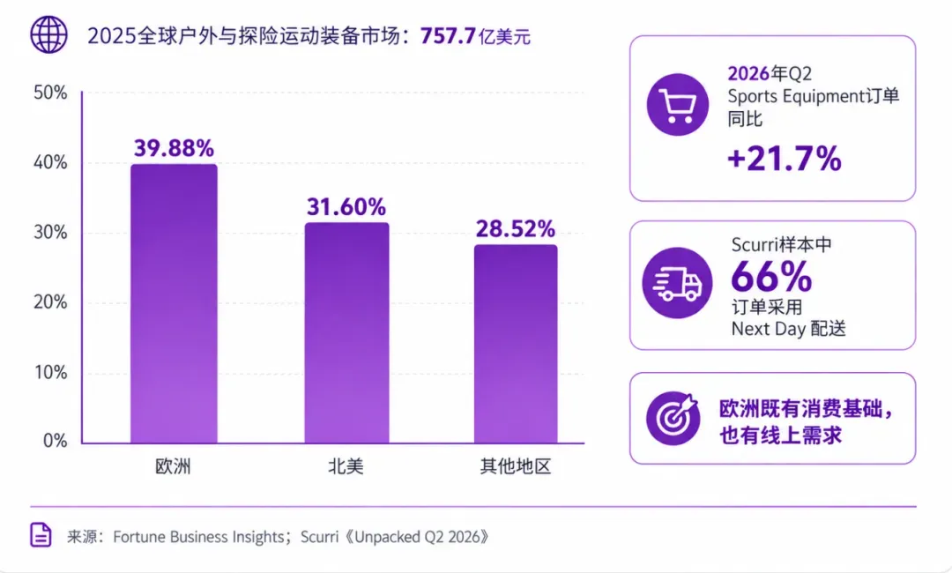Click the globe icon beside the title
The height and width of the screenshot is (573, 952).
click(x=48, y=34)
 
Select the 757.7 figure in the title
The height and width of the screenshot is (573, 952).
click(x=447, y=36)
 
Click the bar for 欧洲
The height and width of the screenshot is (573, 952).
click(x=174, y=303)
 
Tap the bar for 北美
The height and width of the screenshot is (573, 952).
click(x=346, y=332)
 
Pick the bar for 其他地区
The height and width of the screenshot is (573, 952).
click(x=516, y=344)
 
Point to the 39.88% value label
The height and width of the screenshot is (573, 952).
click(x=174, y=148)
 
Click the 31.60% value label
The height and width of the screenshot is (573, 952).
click(x=346, y=207)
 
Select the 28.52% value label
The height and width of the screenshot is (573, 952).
click(x=515, y=229)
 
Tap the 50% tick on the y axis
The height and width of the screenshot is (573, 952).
click(x=49, y=93)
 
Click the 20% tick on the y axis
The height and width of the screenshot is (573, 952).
click(x=49, y=302)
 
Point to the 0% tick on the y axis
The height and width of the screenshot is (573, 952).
click(x=55, y=441)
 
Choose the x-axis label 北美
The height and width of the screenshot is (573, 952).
click(x=346, y=466)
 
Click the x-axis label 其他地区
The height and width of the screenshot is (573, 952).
click(x=516, y=466)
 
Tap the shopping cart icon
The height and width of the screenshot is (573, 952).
click(x=678, y=104)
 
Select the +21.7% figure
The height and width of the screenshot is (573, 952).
click(x=785, y=159)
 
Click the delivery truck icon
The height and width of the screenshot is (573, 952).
click(x=677, y=283)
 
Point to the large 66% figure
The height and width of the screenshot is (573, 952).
click(x=771, y=277)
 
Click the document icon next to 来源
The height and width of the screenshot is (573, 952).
click(x=41, y=535)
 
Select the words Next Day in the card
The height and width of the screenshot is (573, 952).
click(x=768, y=329)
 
